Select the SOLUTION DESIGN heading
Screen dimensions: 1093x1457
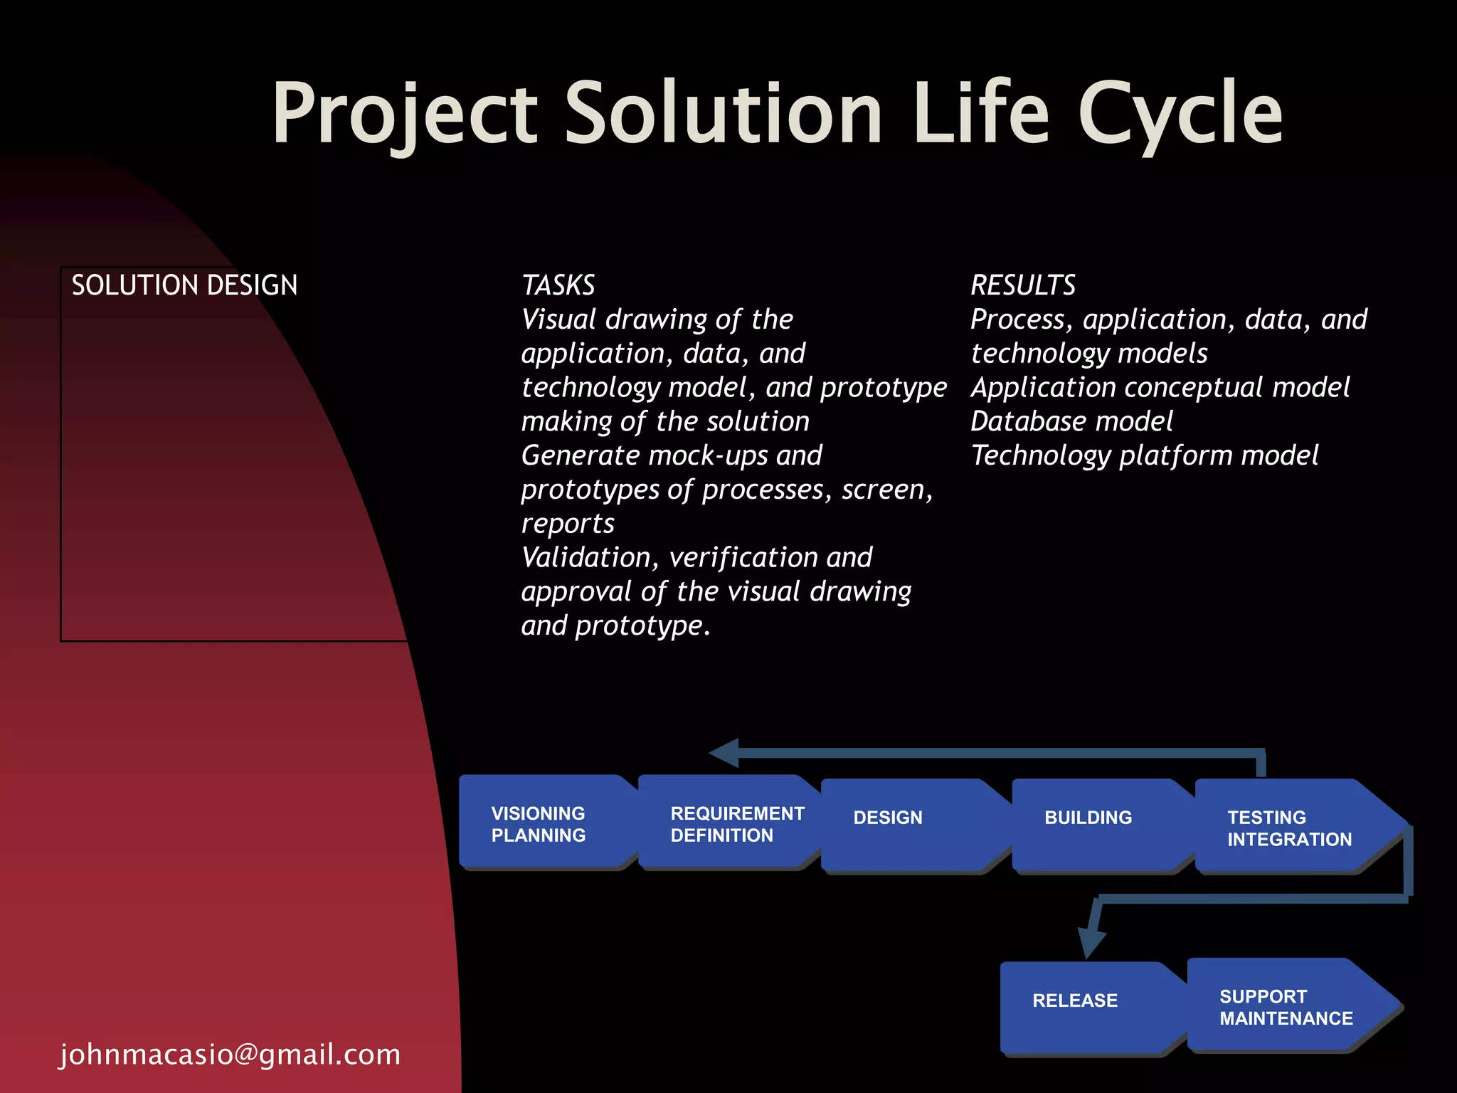tap(184, 285)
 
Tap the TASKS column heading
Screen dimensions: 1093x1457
tap(558, 285)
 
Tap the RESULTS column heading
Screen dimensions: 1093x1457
tap(1023, 285)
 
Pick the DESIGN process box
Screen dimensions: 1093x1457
tap(904, 825)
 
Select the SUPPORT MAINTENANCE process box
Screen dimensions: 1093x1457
tap(1284, 1006)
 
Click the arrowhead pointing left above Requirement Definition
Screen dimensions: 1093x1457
tap(726, 753)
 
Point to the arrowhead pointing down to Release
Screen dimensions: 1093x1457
tap(1091, 943)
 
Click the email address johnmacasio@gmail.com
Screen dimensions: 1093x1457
tap(230, 1055)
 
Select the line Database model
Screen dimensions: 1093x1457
tap(1071, 421)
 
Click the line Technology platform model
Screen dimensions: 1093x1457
tap(1144, 455)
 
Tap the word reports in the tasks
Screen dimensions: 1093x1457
tap(568, 524)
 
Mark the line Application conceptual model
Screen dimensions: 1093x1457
tap(1160, 388)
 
